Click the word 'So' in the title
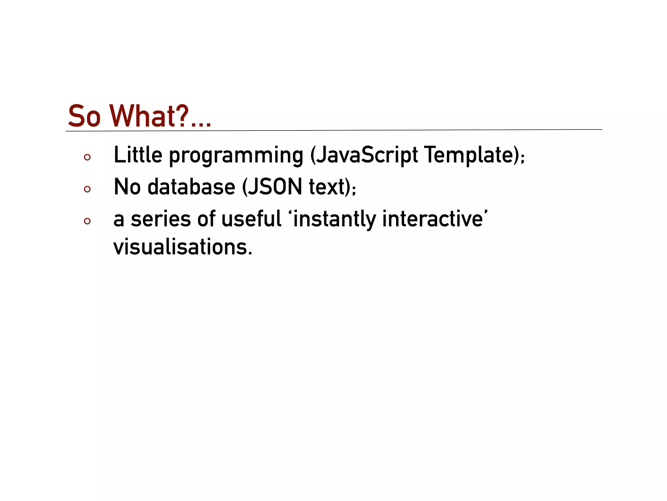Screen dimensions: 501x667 84,116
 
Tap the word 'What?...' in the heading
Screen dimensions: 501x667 160,116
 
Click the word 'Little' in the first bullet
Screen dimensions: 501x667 138,155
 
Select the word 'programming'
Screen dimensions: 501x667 236,156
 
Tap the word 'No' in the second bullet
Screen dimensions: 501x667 127,187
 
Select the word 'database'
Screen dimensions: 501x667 191,187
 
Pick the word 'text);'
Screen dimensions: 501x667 333,187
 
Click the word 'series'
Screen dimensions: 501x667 161,219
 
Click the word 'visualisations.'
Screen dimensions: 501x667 183,247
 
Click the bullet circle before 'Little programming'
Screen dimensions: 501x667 87,158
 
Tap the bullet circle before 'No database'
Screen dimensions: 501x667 87,189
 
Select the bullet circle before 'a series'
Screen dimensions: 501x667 87,221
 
